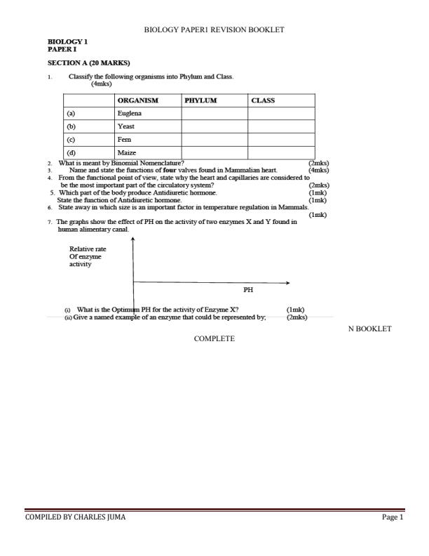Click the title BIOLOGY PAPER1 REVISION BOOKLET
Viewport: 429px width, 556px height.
click(214, 29)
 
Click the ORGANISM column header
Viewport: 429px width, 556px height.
click(138, 100)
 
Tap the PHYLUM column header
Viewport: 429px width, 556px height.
click(200, 100)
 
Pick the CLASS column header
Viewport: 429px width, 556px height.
click(263, 100)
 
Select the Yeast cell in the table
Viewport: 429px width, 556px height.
click(127, 126)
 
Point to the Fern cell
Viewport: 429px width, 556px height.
click(125, 139)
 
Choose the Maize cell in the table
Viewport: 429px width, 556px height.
click(127, 152)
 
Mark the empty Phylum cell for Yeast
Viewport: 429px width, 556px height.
click(214, 126)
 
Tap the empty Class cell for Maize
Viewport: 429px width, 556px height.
click(280, 152)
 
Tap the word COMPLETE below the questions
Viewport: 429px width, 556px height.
click(214, 338)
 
